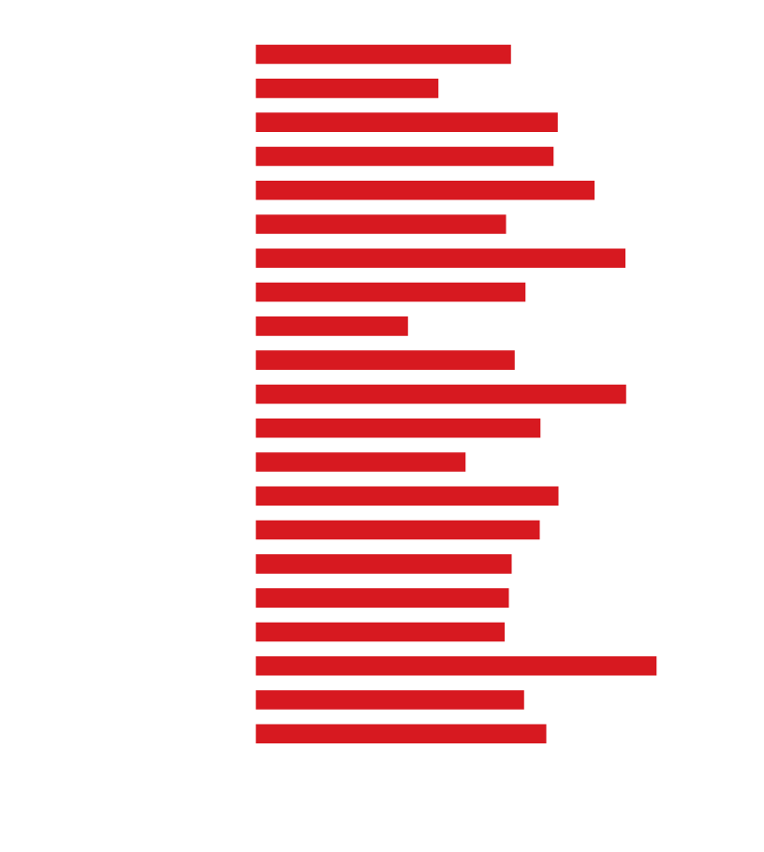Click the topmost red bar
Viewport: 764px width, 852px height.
tap(383, 54)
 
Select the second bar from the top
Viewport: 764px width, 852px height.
tap(347, 89)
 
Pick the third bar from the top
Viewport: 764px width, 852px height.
tap(406, 123)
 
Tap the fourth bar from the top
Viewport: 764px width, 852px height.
tap(404, 156)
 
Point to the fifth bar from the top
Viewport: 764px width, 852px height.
tap(425, 191)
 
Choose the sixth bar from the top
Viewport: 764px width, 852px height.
tap(381, 225)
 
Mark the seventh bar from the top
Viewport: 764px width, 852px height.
tap(440, 258)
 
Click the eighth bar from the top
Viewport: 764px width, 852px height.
tap(390, 292)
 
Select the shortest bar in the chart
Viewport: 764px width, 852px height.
tap(331, 327)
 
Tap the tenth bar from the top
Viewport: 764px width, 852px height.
tap(385, 360)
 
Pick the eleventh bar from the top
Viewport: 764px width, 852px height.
tap(441, 394)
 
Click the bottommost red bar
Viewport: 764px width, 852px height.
tap(401, 734)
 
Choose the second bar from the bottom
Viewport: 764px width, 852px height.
tap(389, 700)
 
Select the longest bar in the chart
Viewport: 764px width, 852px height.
tap(456, 667)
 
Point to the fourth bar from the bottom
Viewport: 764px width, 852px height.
tap(380, 632)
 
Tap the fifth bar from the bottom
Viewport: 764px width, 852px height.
tap(382, 598)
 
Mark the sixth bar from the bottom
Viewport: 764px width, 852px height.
tap(384, 565)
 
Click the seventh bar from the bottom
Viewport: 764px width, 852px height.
tap(398, 530)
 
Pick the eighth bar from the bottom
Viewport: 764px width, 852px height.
tap(407, 496)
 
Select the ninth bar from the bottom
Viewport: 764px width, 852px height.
tap(360, 463)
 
